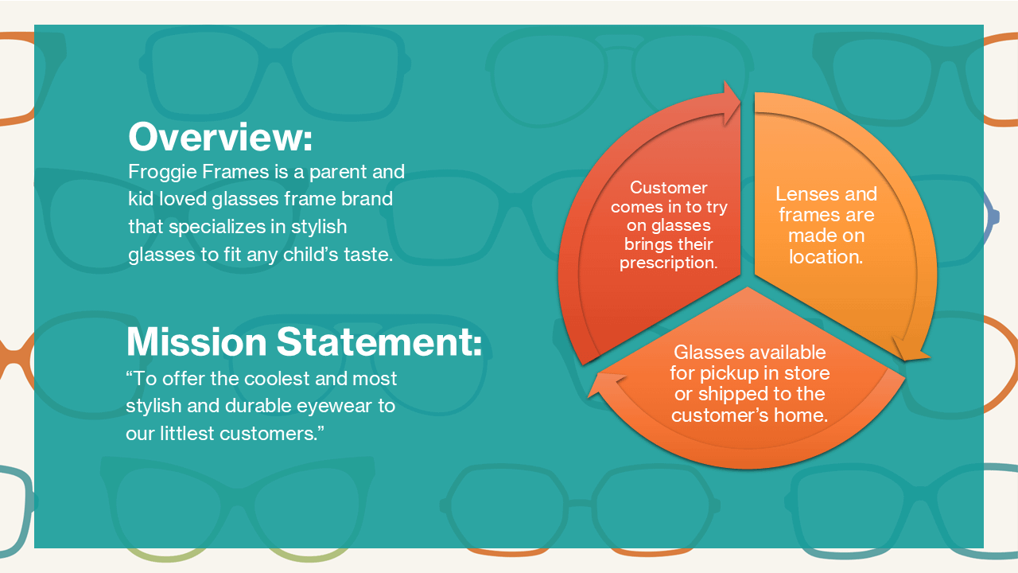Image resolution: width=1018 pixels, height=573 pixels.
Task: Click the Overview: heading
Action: click(x=220, y=137)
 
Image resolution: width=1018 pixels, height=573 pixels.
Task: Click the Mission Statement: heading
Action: click(x=304, y=341)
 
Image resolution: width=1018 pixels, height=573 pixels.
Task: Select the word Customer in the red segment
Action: click(x=669, y=188)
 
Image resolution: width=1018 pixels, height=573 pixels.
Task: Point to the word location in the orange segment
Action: click(x=826, y=257)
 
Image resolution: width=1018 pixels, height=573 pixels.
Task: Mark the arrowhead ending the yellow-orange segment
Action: click(x=911, y=349)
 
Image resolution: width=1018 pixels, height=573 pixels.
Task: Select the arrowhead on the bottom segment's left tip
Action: click(x=606, y=384)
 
